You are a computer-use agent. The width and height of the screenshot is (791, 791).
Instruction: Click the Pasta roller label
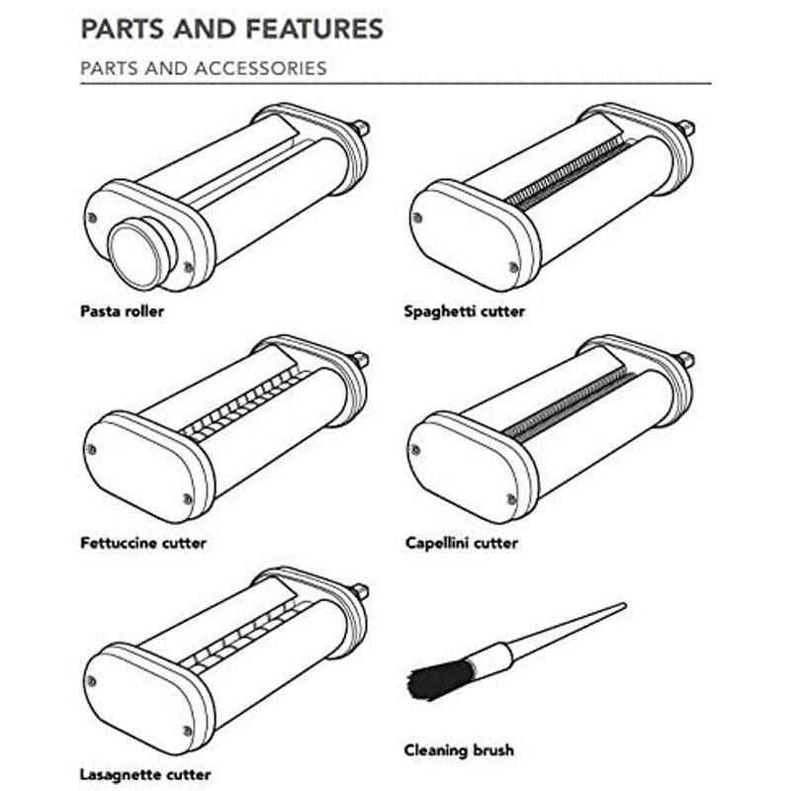[122, 311]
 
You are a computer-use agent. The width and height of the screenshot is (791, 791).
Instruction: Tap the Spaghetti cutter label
[464, 311]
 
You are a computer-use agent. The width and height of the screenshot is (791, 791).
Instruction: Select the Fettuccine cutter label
[143, 543]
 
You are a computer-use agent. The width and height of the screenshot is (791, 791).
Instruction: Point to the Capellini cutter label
[462, 543]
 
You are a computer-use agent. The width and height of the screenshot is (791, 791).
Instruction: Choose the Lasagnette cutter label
[145, 774]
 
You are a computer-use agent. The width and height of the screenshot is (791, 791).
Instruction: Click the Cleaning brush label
[459, 750]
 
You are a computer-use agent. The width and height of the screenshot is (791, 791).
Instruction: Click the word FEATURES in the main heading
[314, 29]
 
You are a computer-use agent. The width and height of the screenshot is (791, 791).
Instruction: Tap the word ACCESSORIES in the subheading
[261, 68]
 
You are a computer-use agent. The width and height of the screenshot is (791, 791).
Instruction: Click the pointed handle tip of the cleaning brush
[624, 606]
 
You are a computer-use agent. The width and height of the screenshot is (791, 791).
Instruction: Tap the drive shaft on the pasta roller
[361, 128]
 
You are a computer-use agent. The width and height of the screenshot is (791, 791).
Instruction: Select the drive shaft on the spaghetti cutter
[686, 128]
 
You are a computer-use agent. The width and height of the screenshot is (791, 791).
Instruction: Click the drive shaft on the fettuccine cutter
[361, 359]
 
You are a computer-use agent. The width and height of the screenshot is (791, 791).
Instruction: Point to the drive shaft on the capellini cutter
[686, 359]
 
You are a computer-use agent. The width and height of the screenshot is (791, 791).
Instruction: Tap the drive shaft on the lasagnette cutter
[361, 590]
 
